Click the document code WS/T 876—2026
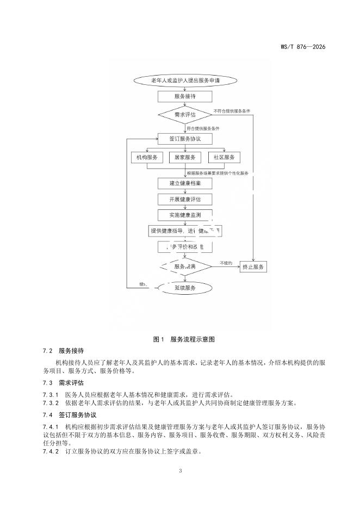pos(303,47)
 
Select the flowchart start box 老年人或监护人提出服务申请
pos(185,80)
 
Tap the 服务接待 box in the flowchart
pos(185,96)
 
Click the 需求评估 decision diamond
pos(185,115)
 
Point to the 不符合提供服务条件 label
pos(232,110)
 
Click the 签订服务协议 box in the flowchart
pos(185,139)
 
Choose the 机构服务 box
pos(147,157)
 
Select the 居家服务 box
pos(185,157)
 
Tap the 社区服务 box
pos(224,157)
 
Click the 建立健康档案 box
pos(185,183)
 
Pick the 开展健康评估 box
pos(185,200)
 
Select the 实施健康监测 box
pos(185,215)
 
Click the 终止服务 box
pos(254,267)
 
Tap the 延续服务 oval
pos(185,288)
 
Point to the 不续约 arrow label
pos(226,263)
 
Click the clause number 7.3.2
pos(51,402)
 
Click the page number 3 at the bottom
pos(180,470)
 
